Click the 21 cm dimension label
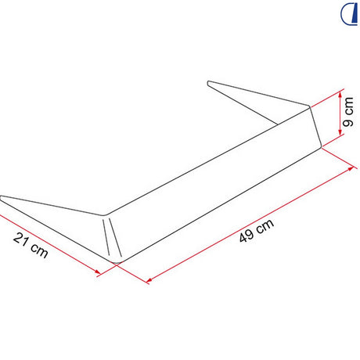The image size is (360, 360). pyautogui.click(x=31, y=245)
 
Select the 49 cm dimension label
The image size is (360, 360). pyautogui.click(x=257, y=231)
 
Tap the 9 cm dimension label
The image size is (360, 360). pyautogui.click(x=348, y=112)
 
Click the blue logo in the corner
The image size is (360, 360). pyautogui.click(x=349, y=14)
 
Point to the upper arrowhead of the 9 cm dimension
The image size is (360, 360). pyautogui.click(x=340, y=95)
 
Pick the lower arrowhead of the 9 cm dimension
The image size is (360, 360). pyautogui.click(x=340, y=131)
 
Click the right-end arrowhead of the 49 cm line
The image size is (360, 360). pyautogui.click(x=351, y=169)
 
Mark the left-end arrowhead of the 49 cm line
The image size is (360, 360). pyautogui.click(x=149, y=280)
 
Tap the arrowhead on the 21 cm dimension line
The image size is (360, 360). pyautogui.click(x=98, y=272)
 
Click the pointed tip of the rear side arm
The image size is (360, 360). pyautogui.click(x=208, y=83)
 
